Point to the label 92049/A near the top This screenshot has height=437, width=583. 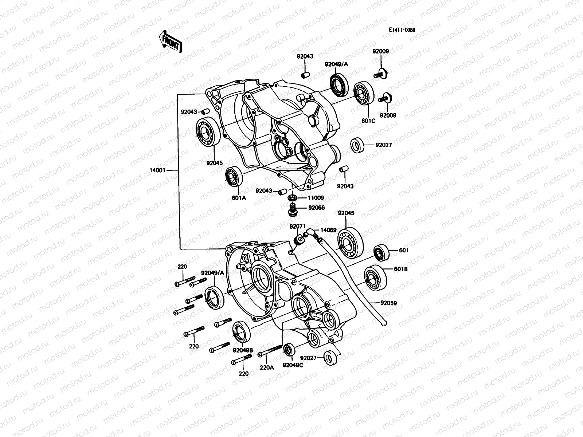337,64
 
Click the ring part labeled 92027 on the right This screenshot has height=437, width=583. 358,145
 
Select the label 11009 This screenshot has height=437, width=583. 316,198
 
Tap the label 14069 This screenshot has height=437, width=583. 329,230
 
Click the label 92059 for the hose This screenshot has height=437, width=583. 388,303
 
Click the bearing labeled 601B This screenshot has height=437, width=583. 375,278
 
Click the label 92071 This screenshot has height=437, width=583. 297,227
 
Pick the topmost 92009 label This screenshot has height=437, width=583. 380,51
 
